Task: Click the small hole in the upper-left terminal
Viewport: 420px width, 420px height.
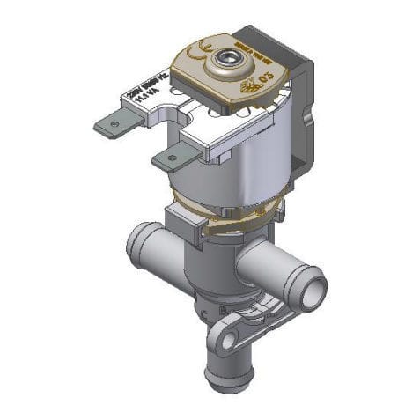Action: pyautogui.click(x=113, y=125)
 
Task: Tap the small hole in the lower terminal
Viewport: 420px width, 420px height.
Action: pyautogui.click(x=171, y=158)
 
